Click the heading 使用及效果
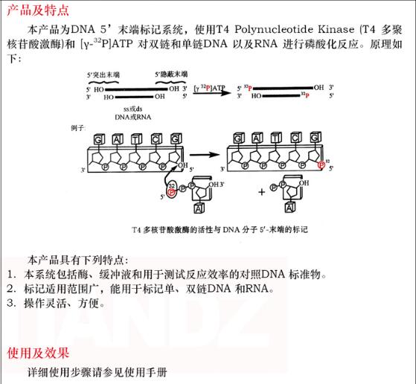tap(38, 351)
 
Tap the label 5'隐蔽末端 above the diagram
tap(170, 76)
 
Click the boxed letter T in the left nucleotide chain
tap(135, 139)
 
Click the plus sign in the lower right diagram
tap(261, 191)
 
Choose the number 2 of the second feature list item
tap(10, 288)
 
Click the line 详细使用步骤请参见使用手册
tap(97, 371)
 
